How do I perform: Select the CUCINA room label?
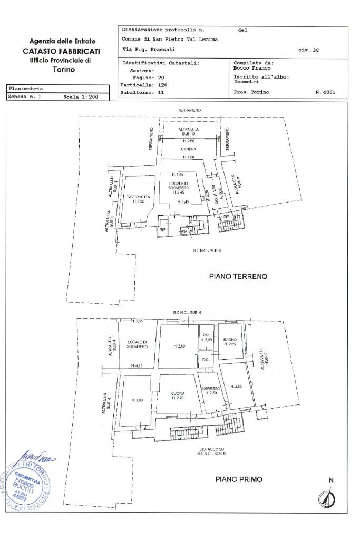coord(178,393)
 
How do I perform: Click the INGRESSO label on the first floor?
coord(210,389)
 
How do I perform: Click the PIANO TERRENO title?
coord(238,276)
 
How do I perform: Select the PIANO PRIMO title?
coord(239,479)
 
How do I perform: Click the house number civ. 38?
coord(308,51)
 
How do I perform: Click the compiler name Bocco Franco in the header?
coord(252,68)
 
